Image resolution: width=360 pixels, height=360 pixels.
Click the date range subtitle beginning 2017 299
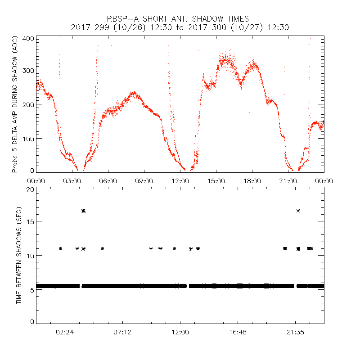(180, 27)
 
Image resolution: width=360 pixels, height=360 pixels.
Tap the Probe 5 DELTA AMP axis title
(15, 104)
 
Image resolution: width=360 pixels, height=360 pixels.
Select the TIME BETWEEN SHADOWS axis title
(19, 256)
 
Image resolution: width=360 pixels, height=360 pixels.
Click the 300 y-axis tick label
(28, 71)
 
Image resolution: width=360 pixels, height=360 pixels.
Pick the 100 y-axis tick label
(28, 138)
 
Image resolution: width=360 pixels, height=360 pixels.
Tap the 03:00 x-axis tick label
(72, 181)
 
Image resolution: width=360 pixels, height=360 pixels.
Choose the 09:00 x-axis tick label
(144, 181)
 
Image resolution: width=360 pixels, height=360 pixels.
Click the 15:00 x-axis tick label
(216, 181)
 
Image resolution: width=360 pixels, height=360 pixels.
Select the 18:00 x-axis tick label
(252, 181)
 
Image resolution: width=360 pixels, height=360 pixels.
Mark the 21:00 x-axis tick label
(288, 181)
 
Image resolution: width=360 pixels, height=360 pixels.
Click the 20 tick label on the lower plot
(30, 189)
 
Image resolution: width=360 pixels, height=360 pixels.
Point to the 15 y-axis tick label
(30, 221)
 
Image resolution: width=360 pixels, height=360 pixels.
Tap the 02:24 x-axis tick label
(65, 332)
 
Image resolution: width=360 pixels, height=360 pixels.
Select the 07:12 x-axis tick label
(122, 332)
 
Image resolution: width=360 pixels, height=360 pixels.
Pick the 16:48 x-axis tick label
(238, 332)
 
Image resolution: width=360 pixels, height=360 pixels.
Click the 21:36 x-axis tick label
(295, 332)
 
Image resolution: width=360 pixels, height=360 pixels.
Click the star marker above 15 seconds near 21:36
(298, 211)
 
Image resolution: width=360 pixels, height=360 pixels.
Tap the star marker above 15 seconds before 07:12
(83, 211)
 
